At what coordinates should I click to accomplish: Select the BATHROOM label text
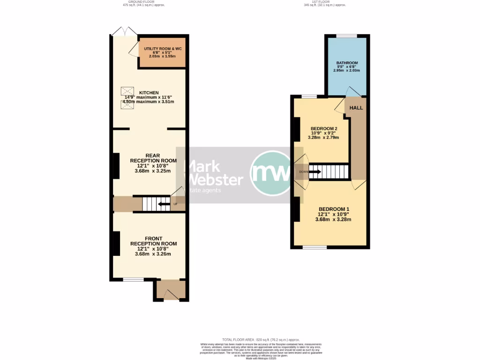click(x=347, y=63)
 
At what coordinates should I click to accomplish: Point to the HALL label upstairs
click(x=356, y=108)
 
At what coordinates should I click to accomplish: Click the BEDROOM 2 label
click(x=323, y=128)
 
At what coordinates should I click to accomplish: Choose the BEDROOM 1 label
click(x=333, y=209)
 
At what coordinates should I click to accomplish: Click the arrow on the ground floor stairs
click(x=164, y=204)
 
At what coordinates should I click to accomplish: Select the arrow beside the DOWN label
click(x=315, y=172)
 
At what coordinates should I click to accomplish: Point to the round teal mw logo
click(x=271, y=173)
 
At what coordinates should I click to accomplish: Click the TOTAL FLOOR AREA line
click(x=261, y=339)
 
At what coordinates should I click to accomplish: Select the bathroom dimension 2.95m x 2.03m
click(x=346, y=70)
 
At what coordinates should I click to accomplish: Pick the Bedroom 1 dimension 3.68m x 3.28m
click(x=333, y=219)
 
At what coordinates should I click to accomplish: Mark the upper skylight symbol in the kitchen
click(x=127, y=90)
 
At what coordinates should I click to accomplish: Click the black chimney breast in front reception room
click(x=115, y=243)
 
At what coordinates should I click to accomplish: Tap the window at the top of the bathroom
click(x=346, y=36)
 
